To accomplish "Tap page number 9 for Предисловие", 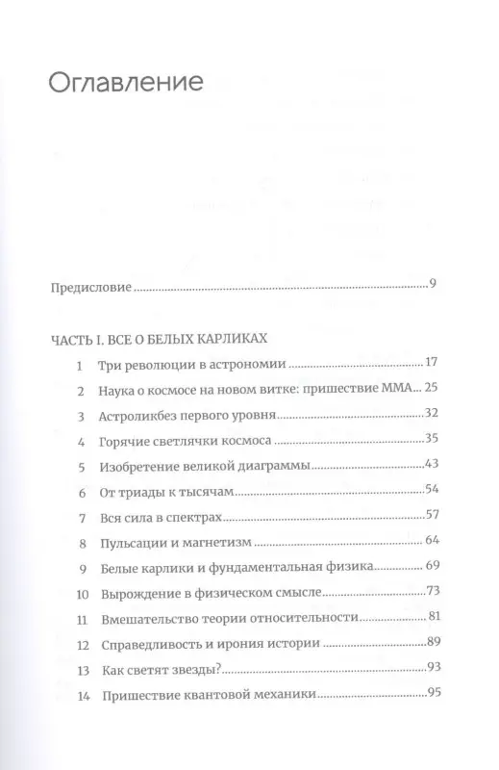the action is point(435,285).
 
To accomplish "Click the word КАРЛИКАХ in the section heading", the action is point(232,340).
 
